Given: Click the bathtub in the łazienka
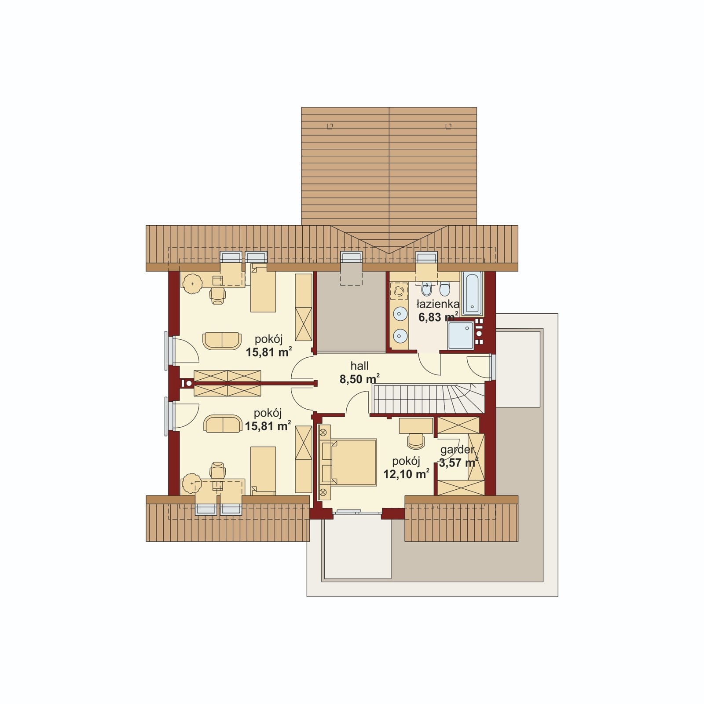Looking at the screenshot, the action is [x=472, y=293].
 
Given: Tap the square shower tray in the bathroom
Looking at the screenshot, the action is [x=461, y=335].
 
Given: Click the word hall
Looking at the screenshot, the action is [x=359, y=366].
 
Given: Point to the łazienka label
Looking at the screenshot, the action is [x=438, y=304].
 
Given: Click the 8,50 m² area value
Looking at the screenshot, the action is [x=359, y=379].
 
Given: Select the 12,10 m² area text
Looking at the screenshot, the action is [x=406, y=474].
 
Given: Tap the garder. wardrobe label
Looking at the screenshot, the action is [x=458, y=450].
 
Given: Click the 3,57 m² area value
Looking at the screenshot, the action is [x=458, y=463].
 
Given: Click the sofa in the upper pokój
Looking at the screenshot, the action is [x=222, y=341].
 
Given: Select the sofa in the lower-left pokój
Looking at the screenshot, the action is [x=223, y=424].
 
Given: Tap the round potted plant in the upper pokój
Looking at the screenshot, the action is [x=192, y=284].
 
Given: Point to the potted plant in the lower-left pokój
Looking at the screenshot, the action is [x=192, y=483].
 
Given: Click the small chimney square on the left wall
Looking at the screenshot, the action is [x=189, y=384].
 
